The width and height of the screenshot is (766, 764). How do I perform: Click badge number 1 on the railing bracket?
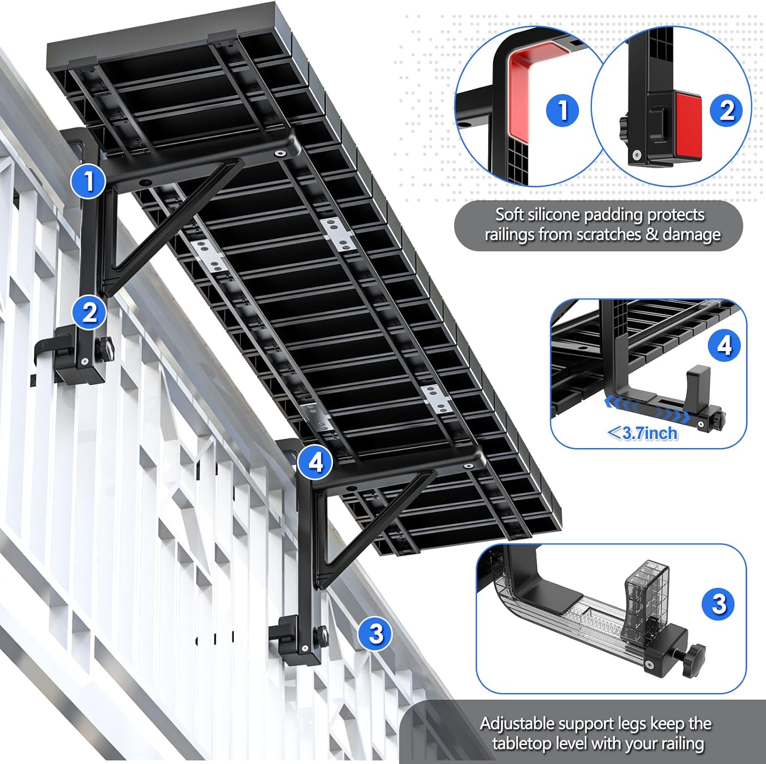pos(89,181)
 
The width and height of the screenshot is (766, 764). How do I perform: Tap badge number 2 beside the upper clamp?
pos(89,312)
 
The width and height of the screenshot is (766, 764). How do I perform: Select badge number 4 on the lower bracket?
pos(316,462)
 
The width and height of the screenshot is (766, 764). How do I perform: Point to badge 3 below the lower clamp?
pos(376,634)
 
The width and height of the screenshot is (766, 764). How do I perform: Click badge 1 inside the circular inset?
pos(563,110)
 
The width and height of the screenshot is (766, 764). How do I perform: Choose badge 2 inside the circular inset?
pos(727,110)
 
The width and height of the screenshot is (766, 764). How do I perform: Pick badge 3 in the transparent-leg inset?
pos(719,604)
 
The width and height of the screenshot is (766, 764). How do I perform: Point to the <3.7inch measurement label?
pos(643,433)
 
